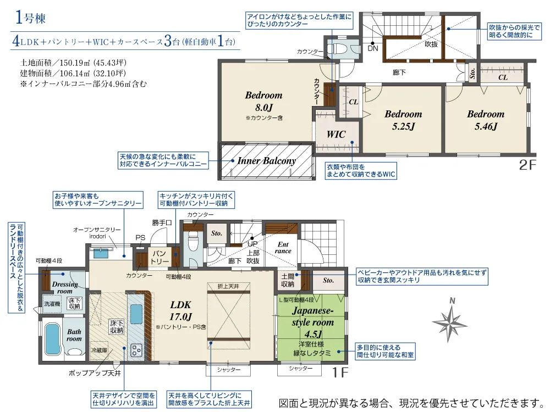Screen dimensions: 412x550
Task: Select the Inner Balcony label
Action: pyautogui.click(x=267, y=161)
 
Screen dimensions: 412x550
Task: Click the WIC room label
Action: pyautogui.click(x=336, y=134)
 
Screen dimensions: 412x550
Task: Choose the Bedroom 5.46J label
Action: pyautogui.click(x=486, y=120)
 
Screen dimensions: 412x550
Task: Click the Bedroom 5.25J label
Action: pyautogui.click(x=403, y=120)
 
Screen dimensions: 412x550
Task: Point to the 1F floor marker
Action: pyautogui.click(x=339, y=372)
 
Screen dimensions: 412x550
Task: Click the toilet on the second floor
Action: pyautogui.click(x=340, y=48)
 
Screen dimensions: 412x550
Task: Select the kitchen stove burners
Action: pyautogui.click(x=135, y=349)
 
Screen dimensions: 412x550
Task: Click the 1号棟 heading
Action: pyautogui.click(x=30, y=17)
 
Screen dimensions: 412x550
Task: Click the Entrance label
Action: pyautogui.click(x=283, y=247)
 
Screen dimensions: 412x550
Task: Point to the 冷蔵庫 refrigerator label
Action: pyautogui.click(x=99, y=350)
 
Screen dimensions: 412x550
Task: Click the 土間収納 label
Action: pyautogui.click(x=287, y=281)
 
